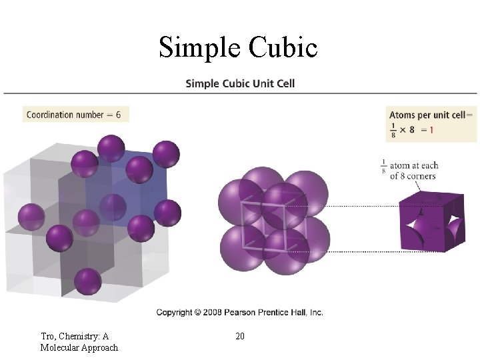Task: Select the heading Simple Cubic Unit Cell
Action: [x=239, y=84]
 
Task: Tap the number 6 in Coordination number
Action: [x=118, y=115]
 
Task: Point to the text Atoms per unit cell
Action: [x=427, y=115]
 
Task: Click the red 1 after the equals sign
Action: [x=431, y=130]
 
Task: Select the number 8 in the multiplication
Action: [x=412, y=130]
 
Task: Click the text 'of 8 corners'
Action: [x=413, y=177]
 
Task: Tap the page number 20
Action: [x=240, y=336]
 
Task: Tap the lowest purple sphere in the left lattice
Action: [x=88, y=282]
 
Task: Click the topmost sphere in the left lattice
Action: [x=111, y=148]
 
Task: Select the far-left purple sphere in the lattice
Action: [x=31, y=217]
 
